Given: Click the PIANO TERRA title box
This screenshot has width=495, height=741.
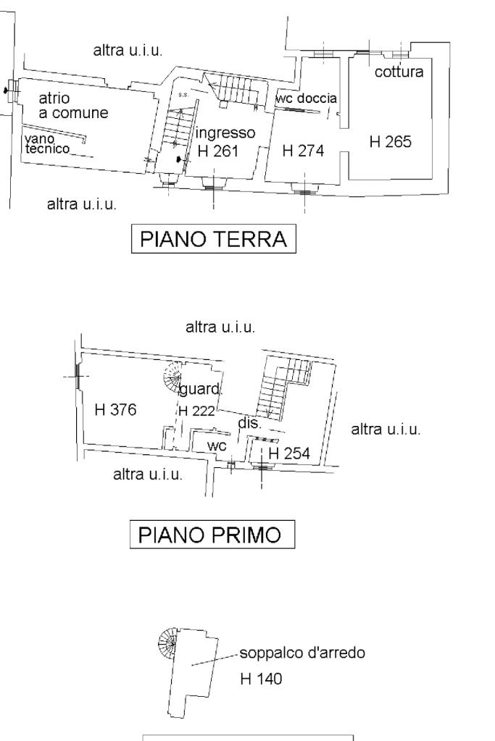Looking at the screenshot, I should pyautogui.click(x=215, y=239).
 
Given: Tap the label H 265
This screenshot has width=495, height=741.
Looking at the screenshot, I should pyautogui.click(x=390, y=143).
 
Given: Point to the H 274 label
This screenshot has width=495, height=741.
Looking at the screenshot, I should pyautogui.click(x=302, y=151).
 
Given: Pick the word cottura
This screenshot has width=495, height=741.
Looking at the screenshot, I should pyautogui.click(x=399, y=72).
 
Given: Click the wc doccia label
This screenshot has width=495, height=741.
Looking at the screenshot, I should pyautogui.click(x=307, y=98).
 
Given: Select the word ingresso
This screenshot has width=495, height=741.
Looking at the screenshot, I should pyautogui.click(x=225, y=133).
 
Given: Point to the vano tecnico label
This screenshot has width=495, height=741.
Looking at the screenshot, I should pyautogui.click(x=47, y=143).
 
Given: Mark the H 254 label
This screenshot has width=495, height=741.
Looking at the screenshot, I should pyautogui.click(x=289, y=453).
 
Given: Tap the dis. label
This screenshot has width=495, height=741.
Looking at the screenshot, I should pyautogui.click(x=249, y=423).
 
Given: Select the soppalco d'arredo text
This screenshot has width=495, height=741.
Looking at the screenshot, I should pyautogui.click(x=302, y=653).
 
